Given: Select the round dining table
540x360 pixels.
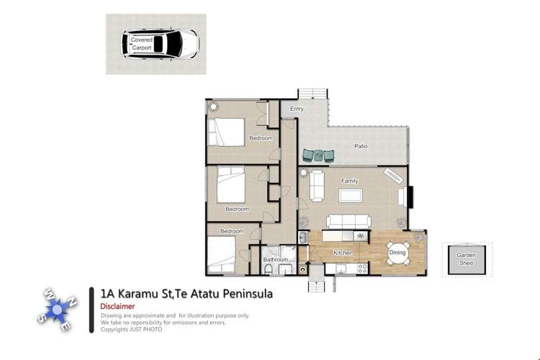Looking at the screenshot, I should pos(397,252).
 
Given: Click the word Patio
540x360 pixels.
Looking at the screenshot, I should pos(361,146).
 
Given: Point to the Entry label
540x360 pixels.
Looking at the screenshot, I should pos(297,109).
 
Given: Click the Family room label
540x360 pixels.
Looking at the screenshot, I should pos(350,181).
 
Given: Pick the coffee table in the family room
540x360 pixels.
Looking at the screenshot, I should pos(351,196).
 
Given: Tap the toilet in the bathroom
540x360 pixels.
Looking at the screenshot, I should pos(269,269).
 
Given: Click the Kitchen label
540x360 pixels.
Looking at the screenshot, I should pos(343,253).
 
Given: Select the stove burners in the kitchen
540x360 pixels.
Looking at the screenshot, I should pos(362,268).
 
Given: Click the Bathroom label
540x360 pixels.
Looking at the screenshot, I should pos(275,259).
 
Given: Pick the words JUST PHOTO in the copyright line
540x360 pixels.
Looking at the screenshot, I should pos(148,330).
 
